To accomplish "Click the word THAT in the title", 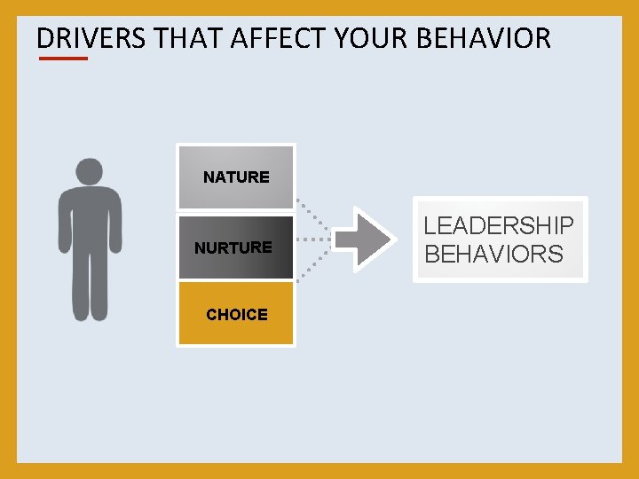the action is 188,38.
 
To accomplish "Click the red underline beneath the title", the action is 63,59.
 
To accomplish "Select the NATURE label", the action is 236,177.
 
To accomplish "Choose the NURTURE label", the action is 233,247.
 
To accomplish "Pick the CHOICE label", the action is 236,314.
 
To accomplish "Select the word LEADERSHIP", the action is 499,226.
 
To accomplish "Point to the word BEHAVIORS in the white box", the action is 493,255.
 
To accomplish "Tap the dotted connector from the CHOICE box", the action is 313,265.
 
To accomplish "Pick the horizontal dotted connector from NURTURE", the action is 312,239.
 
